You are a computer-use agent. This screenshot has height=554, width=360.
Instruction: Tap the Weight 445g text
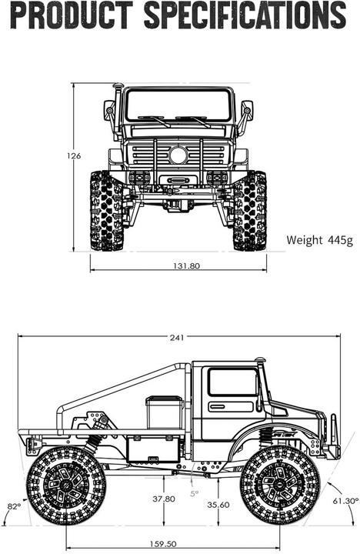coord(319,239)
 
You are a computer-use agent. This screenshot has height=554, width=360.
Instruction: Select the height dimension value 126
coord(74,156)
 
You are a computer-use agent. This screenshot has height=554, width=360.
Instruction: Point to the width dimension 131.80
coord(178,265)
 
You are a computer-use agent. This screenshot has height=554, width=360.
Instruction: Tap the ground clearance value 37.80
coord(163,499)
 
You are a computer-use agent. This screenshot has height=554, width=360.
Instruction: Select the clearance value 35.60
coord(218,505)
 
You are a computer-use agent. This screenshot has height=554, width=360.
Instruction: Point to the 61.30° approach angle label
coord(345,501)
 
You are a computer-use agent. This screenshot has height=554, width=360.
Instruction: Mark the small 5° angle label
coord(194,493)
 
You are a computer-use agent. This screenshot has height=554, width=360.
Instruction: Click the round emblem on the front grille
coord(178,155)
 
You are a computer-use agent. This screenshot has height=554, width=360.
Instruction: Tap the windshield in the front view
coord(178,105)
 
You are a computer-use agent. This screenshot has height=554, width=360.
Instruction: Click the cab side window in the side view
coord(232,382)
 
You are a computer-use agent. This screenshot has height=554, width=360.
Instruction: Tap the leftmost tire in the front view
coord(106,211)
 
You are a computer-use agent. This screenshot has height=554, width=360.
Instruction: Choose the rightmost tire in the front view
coord(250,211)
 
